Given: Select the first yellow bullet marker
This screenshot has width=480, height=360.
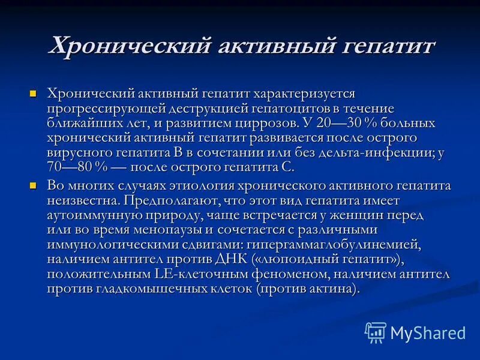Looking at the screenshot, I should tap(34, 94).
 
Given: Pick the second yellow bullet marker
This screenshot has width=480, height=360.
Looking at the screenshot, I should tap(34, 184).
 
